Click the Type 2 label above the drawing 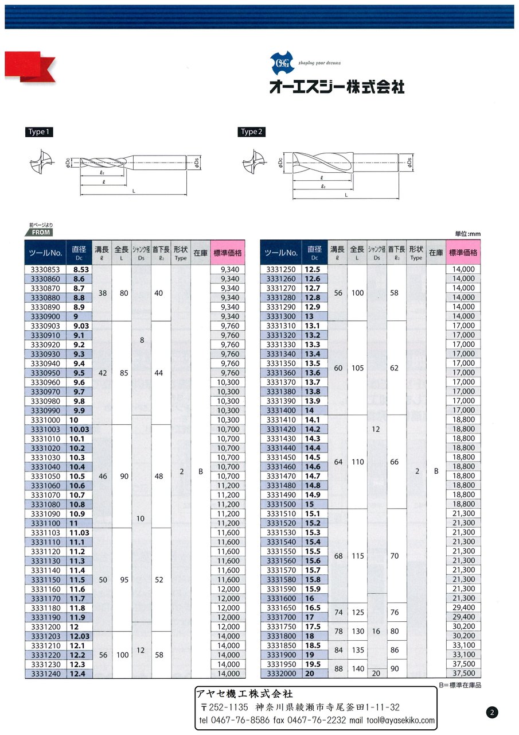[250, 132]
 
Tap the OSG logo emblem [282, 63]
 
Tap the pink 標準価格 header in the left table [228, 253]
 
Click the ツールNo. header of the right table [282, 253]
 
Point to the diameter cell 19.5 [313, 664]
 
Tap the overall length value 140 [357, 669]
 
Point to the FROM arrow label [38, 232]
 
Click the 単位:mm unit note [467, 234]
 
